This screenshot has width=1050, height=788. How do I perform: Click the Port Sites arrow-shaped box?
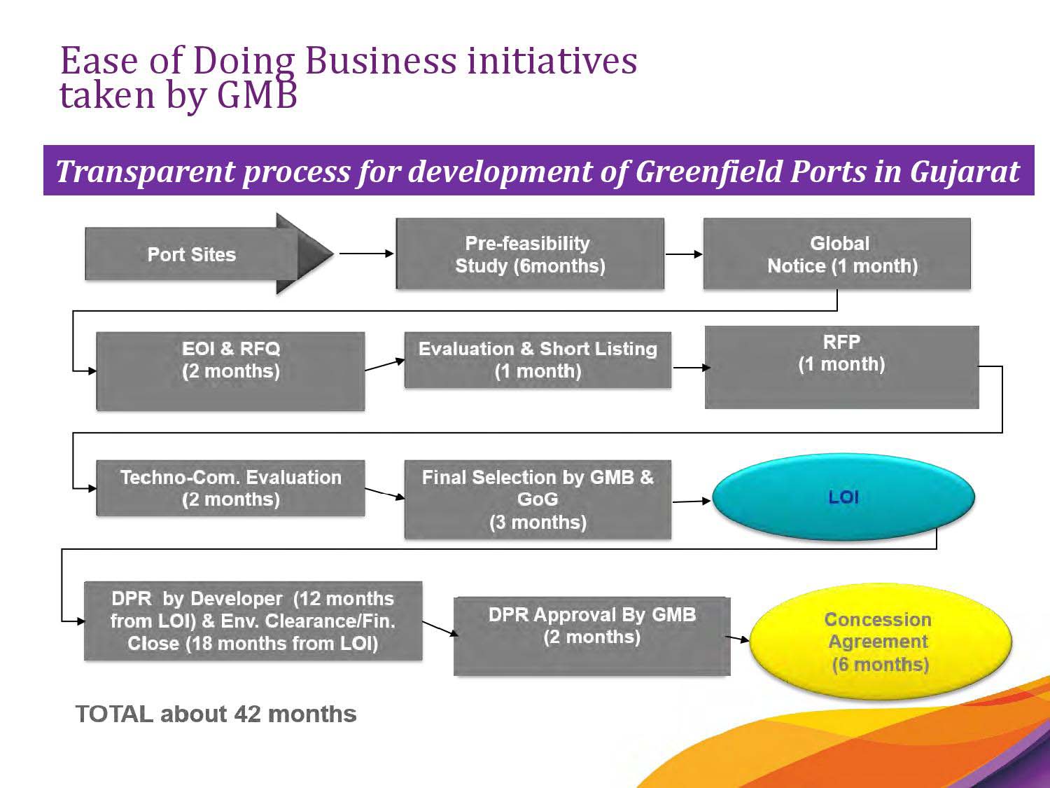[209, 254]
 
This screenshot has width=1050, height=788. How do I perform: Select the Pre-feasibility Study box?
[530, 254]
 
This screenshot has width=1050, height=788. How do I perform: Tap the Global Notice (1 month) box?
[837, 254]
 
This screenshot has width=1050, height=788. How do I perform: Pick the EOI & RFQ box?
[230, 371]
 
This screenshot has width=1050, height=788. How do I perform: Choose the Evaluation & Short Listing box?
[538, 360]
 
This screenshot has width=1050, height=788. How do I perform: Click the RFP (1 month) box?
[842, 368]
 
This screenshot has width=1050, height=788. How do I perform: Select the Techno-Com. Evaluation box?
[230, 488]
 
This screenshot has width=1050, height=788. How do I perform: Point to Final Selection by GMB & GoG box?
[538, 499]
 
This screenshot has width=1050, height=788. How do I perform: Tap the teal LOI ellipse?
[843, 497]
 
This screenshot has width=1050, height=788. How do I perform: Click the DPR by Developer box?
[253, 621]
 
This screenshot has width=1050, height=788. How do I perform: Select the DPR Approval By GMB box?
[592, 636]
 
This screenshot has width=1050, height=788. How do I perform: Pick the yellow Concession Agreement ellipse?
[880, 641]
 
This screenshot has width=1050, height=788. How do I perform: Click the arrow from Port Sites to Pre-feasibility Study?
[366, 254]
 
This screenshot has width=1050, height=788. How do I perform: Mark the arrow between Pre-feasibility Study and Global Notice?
[684, 254]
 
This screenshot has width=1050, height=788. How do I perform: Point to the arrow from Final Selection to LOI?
[692, 502]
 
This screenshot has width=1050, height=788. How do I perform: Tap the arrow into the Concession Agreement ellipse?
[737, 638]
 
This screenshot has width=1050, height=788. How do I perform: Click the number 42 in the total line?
[247, 714]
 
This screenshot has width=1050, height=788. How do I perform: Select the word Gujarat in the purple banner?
[965, 172]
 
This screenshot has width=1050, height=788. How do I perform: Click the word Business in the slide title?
[381, 61]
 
